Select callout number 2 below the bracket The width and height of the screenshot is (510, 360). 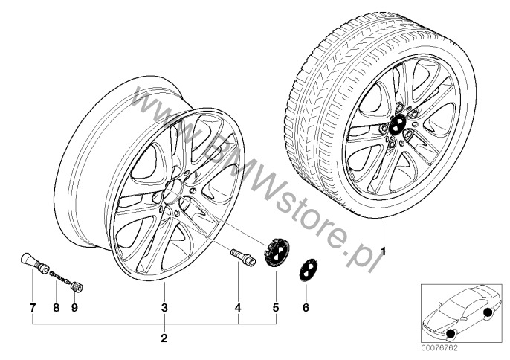tap(164, 338)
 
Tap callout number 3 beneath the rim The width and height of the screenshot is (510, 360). tap(164, 308)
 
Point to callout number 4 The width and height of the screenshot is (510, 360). tap(238, 308)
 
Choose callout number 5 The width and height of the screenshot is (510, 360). tap(276, 308)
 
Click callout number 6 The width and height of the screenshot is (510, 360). tap(306, 308)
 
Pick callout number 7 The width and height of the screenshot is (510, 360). tap(32, 308)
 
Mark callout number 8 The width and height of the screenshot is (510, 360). tap(57, 308)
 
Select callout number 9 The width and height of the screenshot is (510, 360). tap(74, 308)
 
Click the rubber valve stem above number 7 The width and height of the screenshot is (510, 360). tap(35, 263)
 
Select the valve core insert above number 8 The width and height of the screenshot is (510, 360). tap(60, 277)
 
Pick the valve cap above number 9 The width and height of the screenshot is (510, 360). tap(77, 287)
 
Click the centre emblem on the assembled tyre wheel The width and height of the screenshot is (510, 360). tap(397, 125)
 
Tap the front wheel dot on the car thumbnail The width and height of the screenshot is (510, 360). tap(451, 334)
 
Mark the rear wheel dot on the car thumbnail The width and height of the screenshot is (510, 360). tap(488, 313)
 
